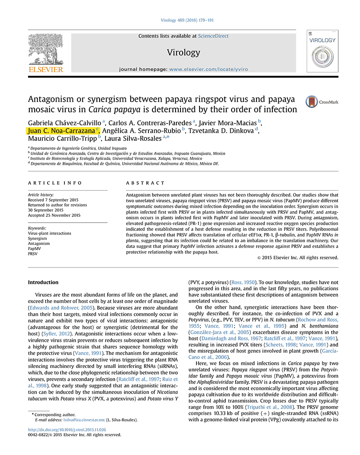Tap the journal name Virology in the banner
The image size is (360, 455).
pyautogui.click(x=184, y=52)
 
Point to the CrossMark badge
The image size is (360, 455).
pyautogui.click(x=321, y=102)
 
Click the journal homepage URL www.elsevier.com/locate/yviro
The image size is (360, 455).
pyautogui.click(x=208, y=70)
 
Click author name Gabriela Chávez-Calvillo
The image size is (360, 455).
pyautogui.click(x=64, y=122)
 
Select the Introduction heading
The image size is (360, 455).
pyautogui.click(x=43, y=282)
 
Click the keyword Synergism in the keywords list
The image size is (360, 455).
pyautogui.click(x=37, y=238)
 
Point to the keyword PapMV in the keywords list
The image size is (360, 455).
pyautogui.click(x=34, y=249)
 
